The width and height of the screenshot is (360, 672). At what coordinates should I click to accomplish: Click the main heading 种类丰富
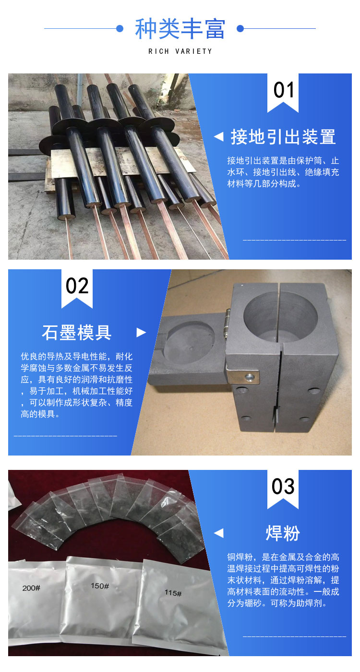click(180, 29)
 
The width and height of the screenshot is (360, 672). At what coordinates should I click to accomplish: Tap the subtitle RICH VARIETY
click(180, 51)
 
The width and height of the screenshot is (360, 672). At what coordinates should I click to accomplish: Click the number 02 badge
click(77, 288)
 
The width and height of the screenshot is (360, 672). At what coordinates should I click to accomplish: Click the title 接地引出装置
click(283, 137)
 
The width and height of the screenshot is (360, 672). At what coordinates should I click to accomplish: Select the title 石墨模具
click(77, 332)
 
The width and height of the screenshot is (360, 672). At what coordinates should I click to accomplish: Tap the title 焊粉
click(283, 533)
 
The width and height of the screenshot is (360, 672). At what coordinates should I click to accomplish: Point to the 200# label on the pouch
click(31, 588)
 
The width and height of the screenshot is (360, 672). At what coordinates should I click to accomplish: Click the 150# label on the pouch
click(100, 586)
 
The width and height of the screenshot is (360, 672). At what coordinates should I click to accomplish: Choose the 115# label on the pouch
click(173, 593)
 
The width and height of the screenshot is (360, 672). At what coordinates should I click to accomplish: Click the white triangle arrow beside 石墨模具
click(141, 332)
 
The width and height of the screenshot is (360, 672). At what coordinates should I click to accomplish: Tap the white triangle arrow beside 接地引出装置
click(219, 137)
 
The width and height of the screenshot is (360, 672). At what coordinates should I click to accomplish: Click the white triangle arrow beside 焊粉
click(219, 533)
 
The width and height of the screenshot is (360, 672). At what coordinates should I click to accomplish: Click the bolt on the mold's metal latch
click(249, 376)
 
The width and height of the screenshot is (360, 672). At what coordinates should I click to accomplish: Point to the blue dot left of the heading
click(120, 28)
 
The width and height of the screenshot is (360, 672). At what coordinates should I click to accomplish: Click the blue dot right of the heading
click(240, 28)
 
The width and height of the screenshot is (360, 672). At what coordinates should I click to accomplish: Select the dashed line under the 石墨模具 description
click(65, 436)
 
